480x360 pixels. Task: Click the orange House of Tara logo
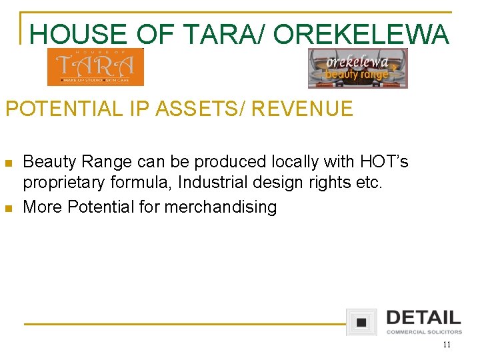[95, 67]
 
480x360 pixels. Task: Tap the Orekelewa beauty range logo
[357, 69]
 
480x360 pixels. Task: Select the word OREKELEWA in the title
[361, 35]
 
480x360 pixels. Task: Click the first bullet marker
[9, 163]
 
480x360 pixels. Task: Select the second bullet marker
[9, 209]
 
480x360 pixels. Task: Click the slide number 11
[446, 345]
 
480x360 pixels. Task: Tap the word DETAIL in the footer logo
[423, 317]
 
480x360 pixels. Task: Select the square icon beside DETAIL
[361, 322]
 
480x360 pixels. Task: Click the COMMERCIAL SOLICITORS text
[424, 332]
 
